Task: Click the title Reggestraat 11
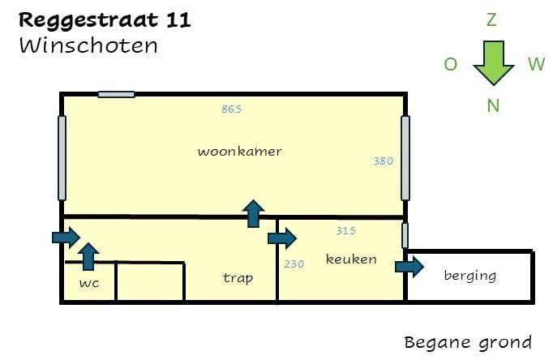pyautogui.click(x=105, y=20)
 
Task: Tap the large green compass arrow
pyautogui.click(x=493, y=63)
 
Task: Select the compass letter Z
pyautogui.click(x=491, y=20)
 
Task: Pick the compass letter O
pyautogui.click(x=451, y=65)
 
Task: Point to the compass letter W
pyautogui.click(x=536, y=65)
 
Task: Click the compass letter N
pyautogui.click(x=493, y=105)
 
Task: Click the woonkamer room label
pyautogui.click(x=239, y=152)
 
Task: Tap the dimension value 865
pyautogui.click(x=231, y=109)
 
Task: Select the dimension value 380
pyautogui.click(x=383, y=161)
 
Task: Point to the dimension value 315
pyautogui.click(x=345, y=231)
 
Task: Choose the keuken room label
pyautogui.click(x=351, y=259)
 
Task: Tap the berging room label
pyautogui.click(x=469, y=276)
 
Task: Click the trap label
pyautogui.click(x=238, y=278)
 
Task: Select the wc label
pyautogui.click(x=89, y=284)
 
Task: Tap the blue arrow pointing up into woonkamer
pyautogui.click(x=254, y=213)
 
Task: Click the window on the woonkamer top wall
pyautogui.click(x=116, y=95)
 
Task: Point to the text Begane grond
pyautogui.click(x=468, y=342)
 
